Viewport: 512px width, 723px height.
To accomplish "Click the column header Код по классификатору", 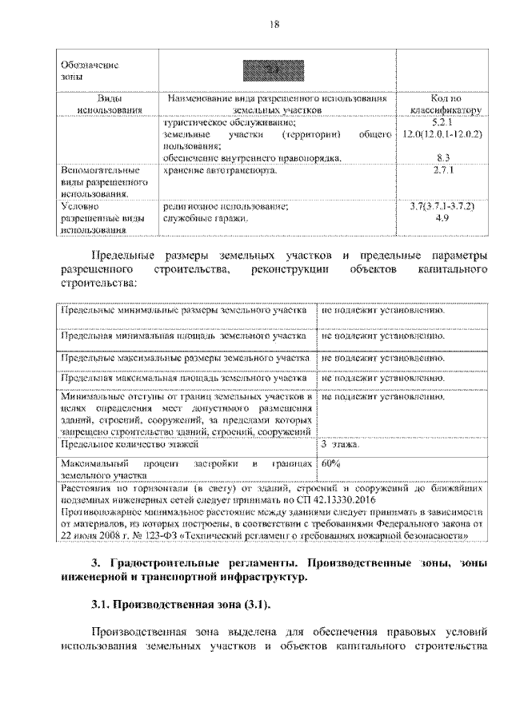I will (x=444, y=105).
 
